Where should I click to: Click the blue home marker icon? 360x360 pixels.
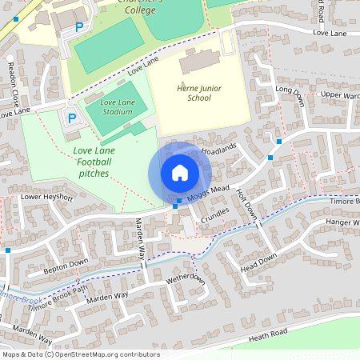(x=179, y=173)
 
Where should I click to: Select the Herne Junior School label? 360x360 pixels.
(x=192, y=92)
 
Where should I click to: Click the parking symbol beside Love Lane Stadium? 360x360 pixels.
(x=71, y=118)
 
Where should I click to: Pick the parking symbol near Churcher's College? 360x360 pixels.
(x=79, y=27)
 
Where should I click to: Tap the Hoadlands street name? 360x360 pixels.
(x=220, y=150)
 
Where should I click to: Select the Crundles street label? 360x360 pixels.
(x=215, y=215)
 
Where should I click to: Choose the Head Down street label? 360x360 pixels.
(x=258, y=261)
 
